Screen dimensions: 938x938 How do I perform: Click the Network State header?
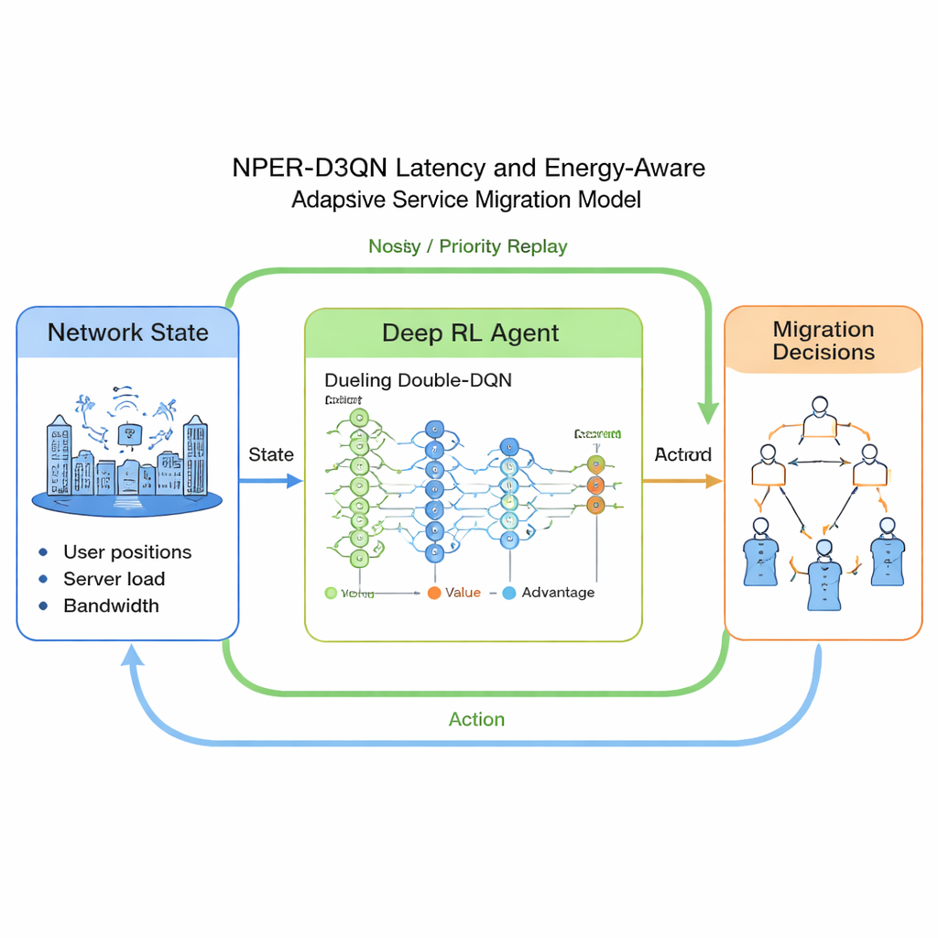[128, 333]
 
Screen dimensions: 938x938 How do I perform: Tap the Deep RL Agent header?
[471, 333]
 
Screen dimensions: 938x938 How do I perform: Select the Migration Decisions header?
[823, 341]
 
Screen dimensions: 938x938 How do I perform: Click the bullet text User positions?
[127, 551]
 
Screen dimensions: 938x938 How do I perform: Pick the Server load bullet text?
[115, 579]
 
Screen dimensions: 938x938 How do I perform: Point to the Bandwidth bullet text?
[111, 605]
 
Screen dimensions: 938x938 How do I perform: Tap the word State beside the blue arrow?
[271, 454]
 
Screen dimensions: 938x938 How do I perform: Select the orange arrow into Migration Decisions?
[682, 480]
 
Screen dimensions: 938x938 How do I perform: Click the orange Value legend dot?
[434, 593]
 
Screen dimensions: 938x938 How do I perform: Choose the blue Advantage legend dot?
[509, 593]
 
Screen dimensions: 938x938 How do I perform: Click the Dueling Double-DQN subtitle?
[418, 380]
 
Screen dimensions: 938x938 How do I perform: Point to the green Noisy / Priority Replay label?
[467, 246]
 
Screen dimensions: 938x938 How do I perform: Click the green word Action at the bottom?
[476, 719]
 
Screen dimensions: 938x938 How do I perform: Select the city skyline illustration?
[127, 458]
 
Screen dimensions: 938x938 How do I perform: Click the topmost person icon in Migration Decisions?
[820, 418]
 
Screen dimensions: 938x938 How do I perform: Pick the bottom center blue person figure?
[823, 577]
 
